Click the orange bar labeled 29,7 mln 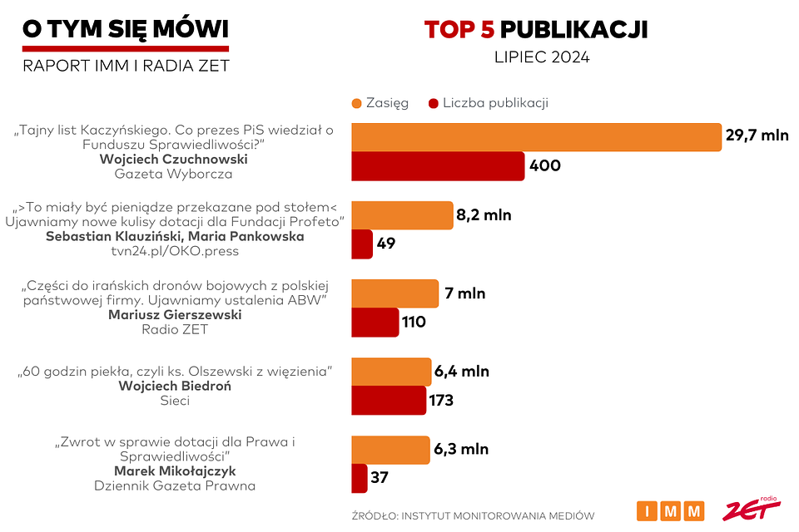[536, 137]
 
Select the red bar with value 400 [438, 166]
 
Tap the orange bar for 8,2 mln [402, 215]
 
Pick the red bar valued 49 [362, 244]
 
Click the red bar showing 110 [375, 322]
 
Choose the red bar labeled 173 [389, 401]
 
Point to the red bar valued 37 [360, 478]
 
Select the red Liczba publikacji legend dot [433, 103]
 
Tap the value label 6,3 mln [460, 450]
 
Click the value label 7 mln [464, 293]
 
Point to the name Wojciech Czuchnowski [173, 159]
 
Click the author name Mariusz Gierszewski [174, 314]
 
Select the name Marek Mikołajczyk [174, 470]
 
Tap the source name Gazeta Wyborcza [173, 175]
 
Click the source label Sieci [174, 401]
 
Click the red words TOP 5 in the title [459, 29]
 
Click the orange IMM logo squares [670, 510]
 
